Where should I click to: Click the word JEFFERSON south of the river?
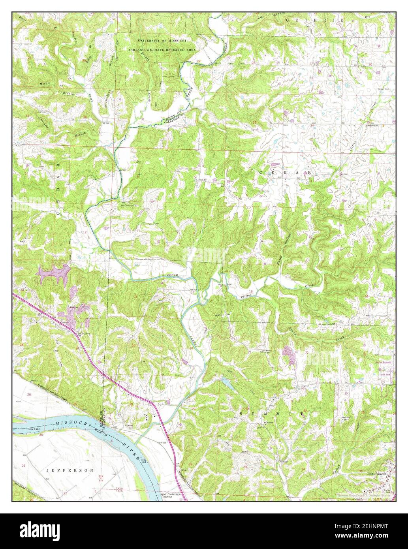pos(70,470)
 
